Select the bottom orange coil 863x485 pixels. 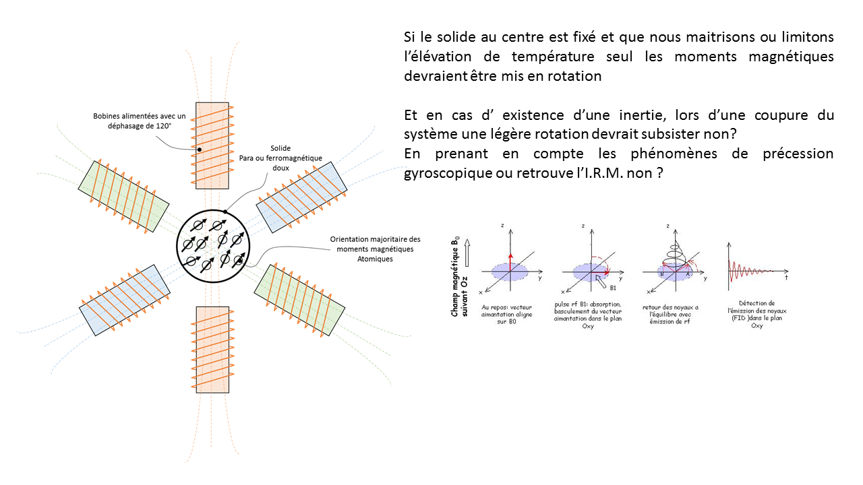click(212, 349)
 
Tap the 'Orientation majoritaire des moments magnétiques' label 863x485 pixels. click(375, 249)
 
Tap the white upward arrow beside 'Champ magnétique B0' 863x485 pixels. click(469, 255)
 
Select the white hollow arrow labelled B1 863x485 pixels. click(602, 281)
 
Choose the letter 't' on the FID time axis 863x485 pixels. click(787, 277)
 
